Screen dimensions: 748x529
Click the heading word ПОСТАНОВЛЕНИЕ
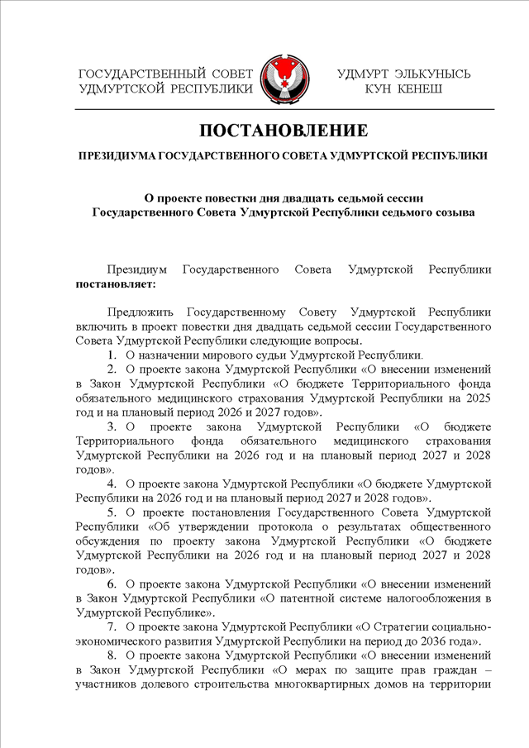click(283, 131)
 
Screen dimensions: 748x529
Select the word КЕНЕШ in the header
click(420, 88)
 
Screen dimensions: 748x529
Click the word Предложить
click(141, 312)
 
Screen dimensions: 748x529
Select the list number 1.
click(112, 355)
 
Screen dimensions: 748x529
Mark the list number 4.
click(112, 483)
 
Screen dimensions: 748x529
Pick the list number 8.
click(112, 655)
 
